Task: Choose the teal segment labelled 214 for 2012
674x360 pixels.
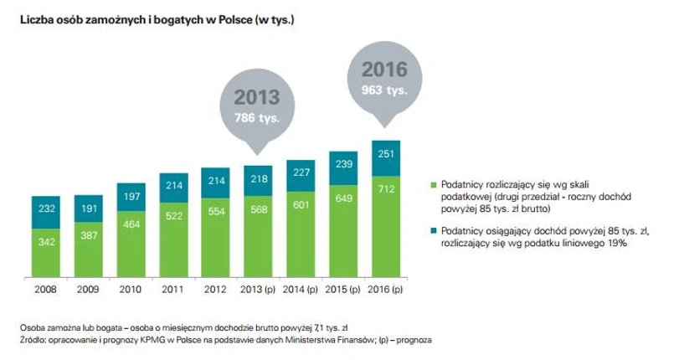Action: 215,180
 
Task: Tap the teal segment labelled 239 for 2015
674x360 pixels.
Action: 343,165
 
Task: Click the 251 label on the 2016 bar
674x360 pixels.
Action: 386,154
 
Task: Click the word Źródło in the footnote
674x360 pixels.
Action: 30,340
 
